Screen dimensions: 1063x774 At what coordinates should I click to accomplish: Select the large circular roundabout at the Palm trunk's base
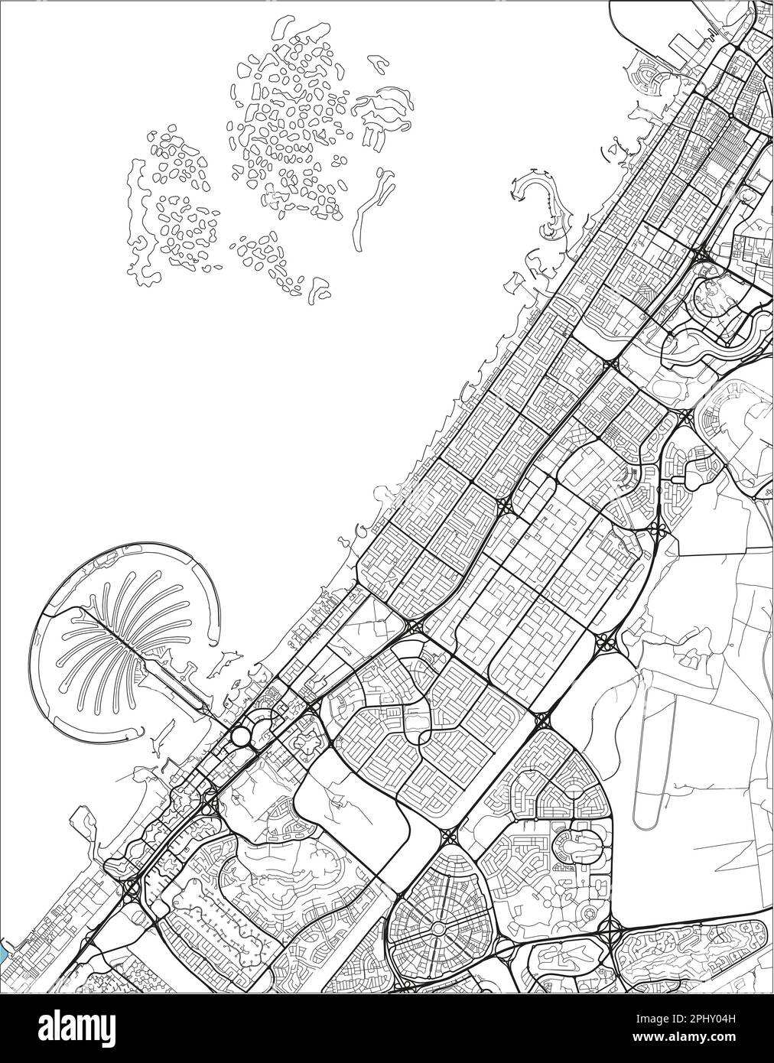pos(241,736)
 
